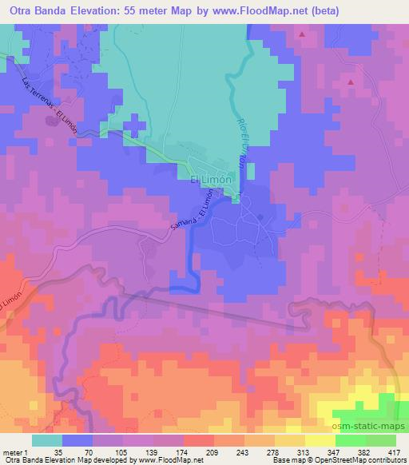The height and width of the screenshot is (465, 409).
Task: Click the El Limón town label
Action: [x=212, y=181]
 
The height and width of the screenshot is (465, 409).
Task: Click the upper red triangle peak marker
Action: [x=302, y=35]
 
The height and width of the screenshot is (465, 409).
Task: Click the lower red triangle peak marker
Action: [x=351, y=81]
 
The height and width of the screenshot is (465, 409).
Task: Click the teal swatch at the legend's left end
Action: [x=46, y=440]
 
